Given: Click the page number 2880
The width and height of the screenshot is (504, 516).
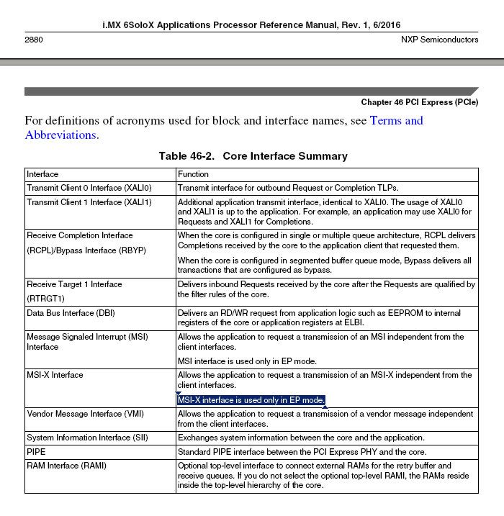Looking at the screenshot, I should click(33, 40).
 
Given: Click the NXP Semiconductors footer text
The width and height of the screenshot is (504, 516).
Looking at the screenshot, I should click(439, 40).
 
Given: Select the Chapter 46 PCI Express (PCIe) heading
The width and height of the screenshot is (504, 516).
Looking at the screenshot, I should click(419, 102).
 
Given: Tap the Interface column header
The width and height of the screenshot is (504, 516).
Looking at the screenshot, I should click(42, 174).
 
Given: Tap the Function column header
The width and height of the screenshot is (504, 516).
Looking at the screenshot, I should click(193, 174).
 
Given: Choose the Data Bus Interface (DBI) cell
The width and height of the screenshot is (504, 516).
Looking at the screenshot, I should click(73, 313).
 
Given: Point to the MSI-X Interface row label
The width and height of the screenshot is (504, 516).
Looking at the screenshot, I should click(55, 375).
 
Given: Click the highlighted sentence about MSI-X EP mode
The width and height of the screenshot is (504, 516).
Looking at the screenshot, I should click(251, 400).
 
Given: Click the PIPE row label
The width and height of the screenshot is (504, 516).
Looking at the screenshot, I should click(36, 452).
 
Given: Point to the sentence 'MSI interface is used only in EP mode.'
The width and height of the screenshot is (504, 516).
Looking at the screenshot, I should click(248, 361).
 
